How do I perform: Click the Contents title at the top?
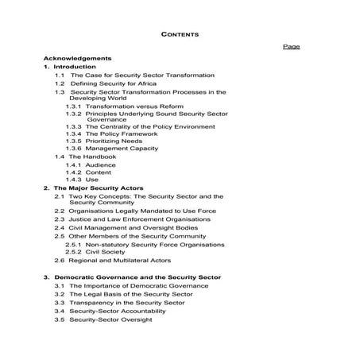pos(180,35)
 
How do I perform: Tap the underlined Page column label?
pos(292,47)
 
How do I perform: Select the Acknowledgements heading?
pos(78,59)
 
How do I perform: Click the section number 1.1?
pos(60,75)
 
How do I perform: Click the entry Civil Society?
pos(107,252)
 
